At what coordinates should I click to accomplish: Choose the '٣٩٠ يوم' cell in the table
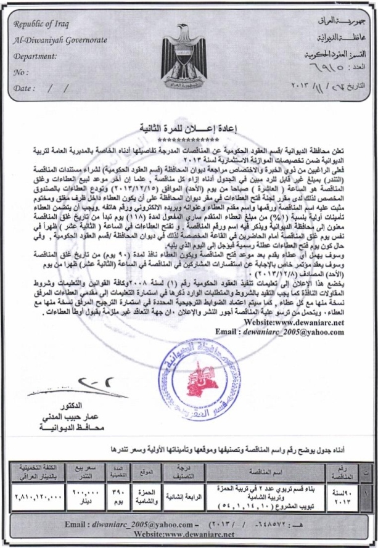(x=120, y=495)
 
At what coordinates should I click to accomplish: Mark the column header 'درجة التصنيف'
(x=187, y=473)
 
